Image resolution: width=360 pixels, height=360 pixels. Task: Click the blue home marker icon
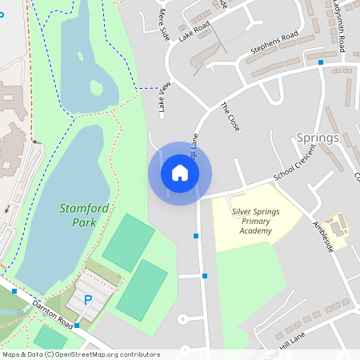pos(179,172)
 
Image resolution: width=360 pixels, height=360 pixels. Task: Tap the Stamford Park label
pos(82,214)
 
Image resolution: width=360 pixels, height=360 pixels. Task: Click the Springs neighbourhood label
pos(318,138)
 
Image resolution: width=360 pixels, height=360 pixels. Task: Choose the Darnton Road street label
pos(53,313)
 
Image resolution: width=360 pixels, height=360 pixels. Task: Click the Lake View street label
pos(165,96)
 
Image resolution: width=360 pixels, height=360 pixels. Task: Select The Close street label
pos(230,117)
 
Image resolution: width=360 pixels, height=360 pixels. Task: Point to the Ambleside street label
pos(322,237)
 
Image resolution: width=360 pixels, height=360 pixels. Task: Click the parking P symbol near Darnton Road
pos(88,300)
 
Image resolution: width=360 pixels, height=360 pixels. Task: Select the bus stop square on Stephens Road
pos(320,62)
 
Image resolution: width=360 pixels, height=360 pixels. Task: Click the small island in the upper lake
pos(98,86)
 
